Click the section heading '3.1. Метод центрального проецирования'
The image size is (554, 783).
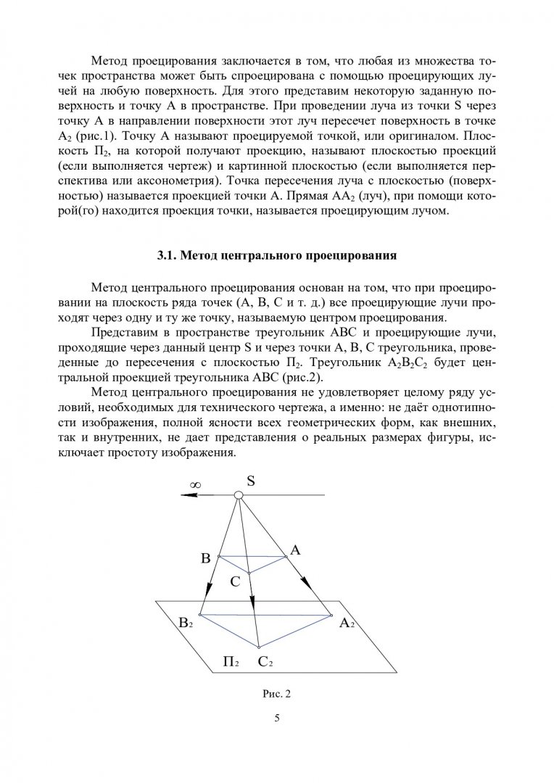(277, 255)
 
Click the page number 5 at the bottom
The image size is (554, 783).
(277, 718)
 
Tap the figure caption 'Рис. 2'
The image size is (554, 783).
(276, 694)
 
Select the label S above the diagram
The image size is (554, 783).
(250, 480)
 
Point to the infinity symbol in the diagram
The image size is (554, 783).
(196, 484)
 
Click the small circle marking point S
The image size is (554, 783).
(238, 495)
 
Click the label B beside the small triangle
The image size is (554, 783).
(205, 558)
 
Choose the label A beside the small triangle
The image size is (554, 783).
(294, 550)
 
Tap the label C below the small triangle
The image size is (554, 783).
(235, 581)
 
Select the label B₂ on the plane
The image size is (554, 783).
(186, 623)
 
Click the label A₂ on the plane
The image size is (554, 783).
(347, 623)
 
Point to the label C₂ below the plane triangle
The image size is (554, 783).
(265, 662)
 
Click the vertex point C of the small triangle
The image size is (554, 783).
(249, 572)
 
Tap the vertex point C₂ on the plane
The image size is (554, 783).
(259, 647)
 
